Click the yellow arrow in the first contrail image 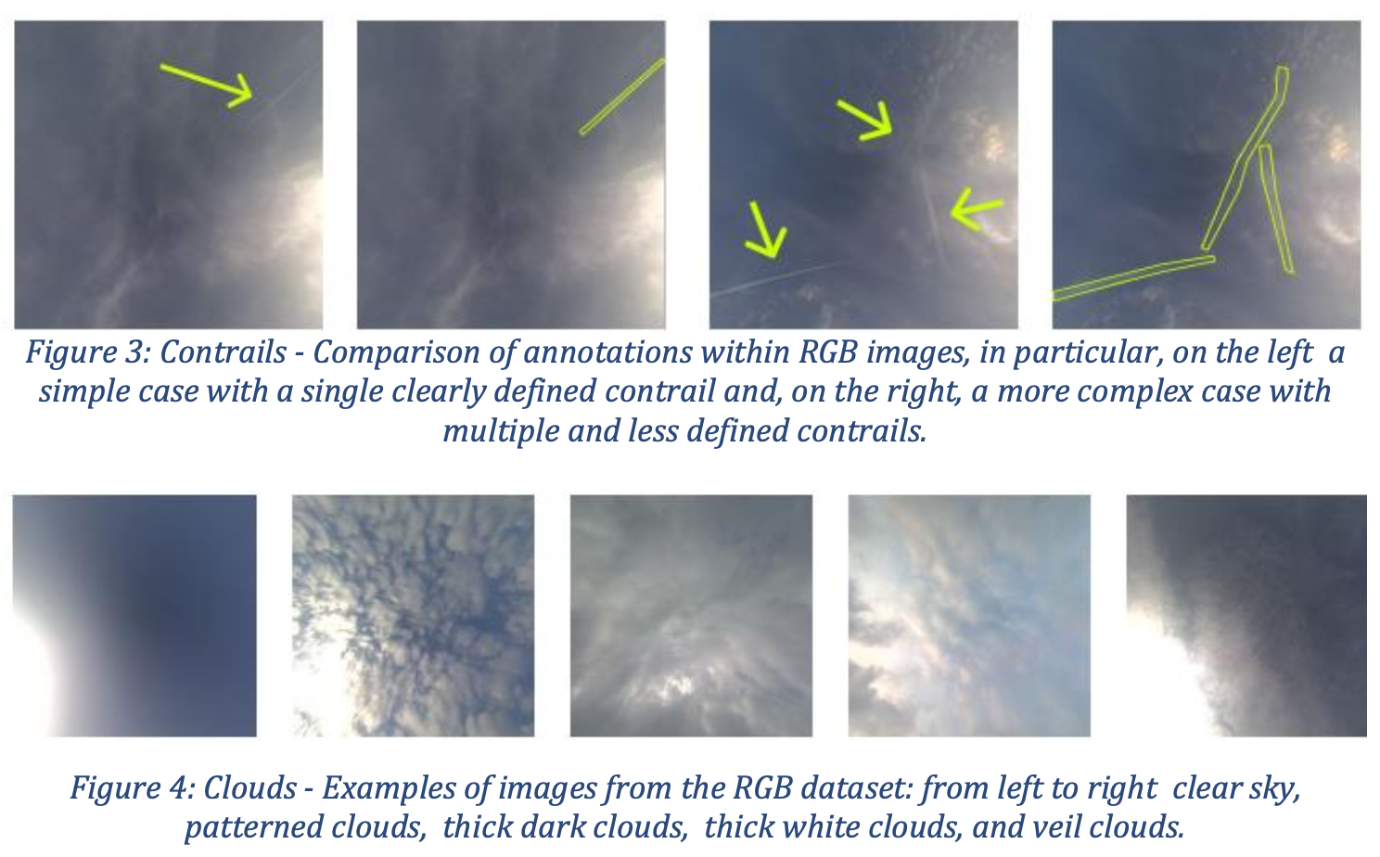click(x=207, y=85)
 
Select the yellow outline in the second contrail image click(x=622, y=96)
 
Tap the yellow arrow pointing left click(x=976, y=209)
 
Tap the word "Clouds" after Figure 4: click(x=250, y=787)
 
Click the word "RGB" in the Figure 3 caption click(x=828, y=352)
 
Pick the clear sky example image click(x=134, y=616)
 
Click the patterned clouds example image click(x=413, y=616)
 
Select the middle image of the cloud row click(x=691, y=616)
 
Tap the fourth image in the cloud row click(x=969, y=616)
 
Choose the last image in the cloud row click(x=1247, y=616)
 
